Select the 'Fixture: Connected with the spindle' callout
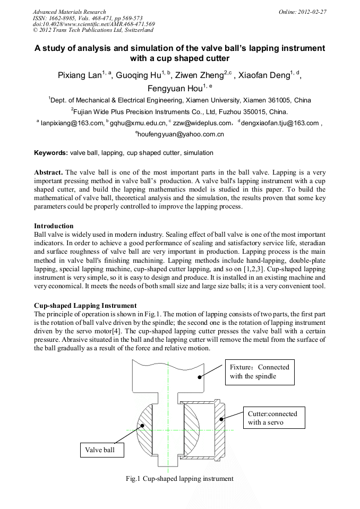click(x=260, y=372)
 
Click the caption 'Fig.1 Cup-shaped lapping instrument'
click(x=179, y=478)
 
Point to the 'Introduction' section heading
click(x=54, y=226)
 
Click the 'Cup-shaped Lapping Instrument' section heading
click(x=85, y=306)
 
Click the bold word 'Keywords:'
click(x=50, y=153)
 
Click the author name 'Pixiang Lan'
click(x=79, y=75)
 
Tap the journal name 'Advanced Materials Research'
click(x=69, y=12)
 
